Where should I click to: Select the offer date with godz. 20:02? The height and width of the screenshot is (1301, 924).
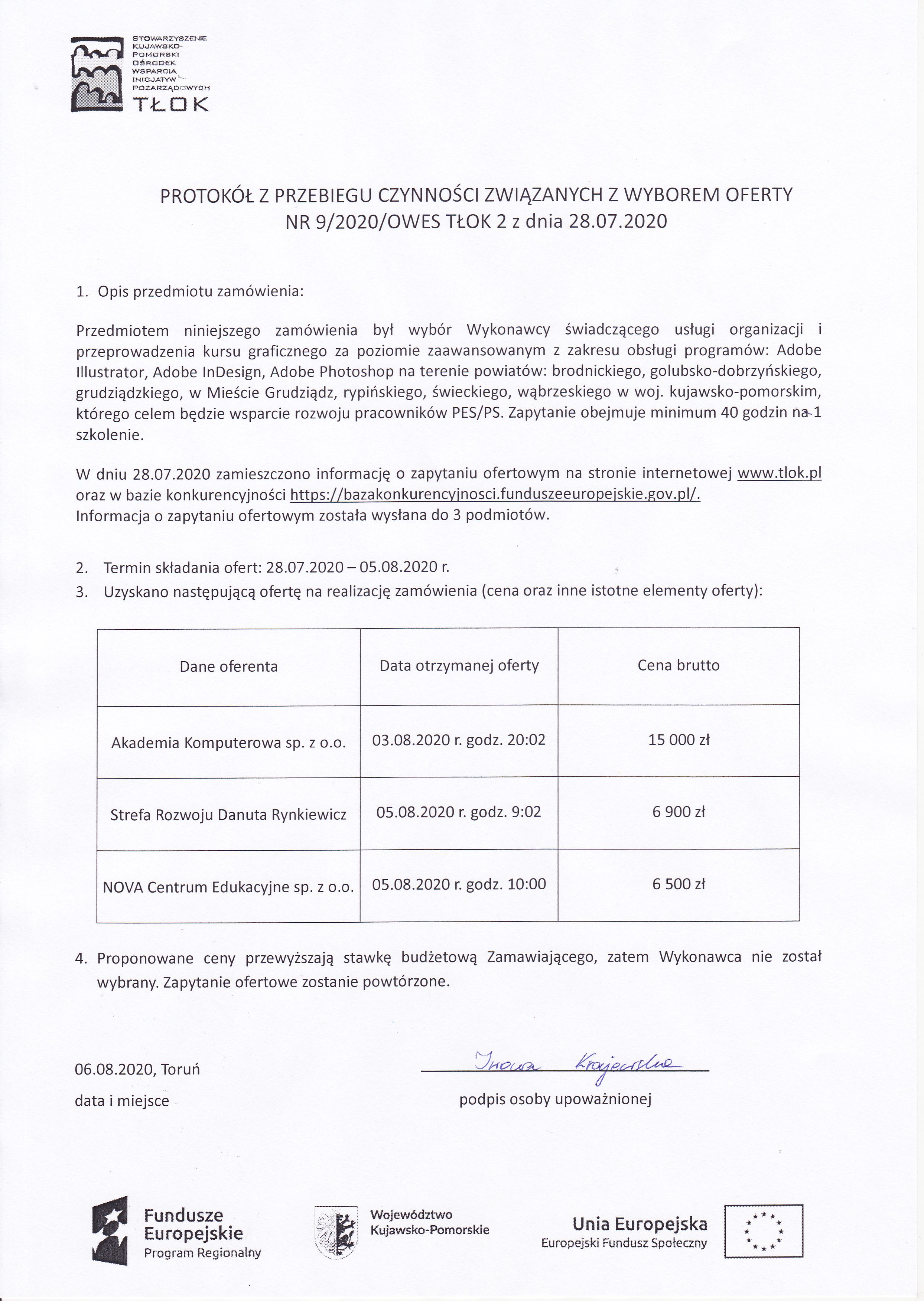pos(459,740)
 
